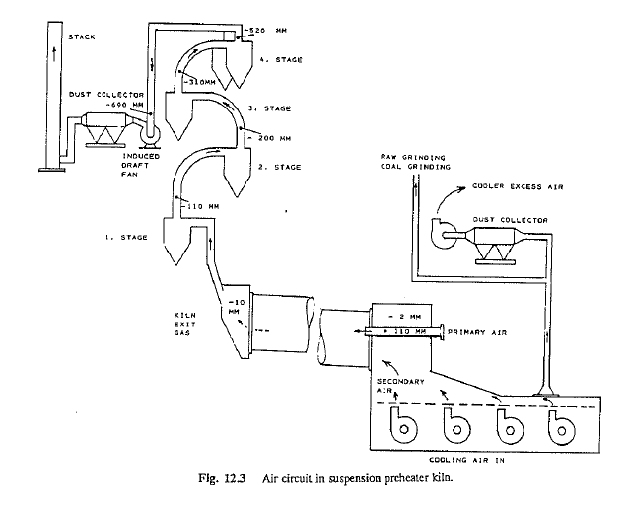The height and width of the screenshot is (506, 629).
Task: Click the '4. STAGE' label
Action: [280, 60]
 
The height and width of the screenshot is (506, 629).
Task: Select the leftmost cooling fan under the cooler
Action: [402, 428]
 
